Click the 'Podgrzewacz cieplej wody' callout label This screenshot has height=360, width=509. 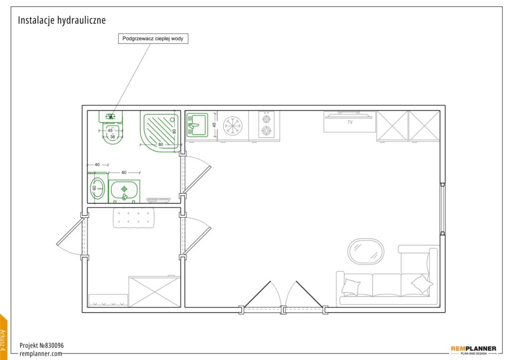(153, 38)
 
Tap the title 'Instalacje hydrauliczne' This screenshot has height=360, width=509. (62, 20)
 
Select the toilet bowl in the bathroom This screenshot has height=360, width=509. (112, 134)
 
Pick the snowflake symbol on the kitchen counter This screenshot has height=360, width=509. (231, 125)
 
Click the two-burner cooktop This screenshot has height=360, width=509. (267, 125)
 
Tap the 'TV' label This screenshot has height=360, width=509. (350, 122)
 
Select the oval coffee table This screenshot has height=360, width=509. (366, 252)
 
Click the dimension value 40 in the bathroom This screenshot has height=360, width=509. (97, 165)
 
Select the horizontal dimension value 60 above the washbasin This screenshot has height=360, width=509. (124, 173)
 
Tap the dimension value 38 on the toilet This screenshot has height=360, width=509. (112, 137)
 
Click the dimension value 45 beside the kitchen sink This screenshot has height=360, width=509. (214, 125)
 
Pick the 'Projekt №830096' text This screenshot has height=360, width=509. (42, 346)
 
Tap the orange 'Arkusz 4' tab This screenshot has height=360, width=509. (3, 338)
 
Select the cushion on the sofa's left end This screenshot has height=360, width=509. (350, 286)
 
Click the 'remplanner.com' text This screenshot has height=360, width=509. (41, 354)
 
